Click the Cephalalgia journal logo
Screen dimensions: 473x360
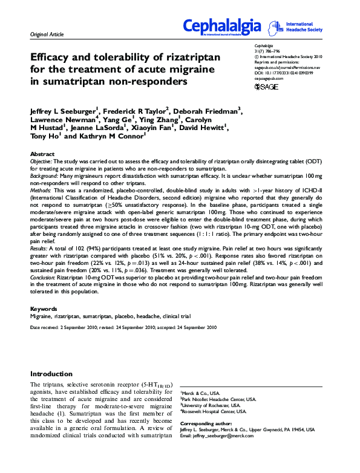pyautogui.click(x=222, y=27)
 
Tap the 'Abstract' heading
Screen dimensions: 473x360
pyautogui.click(x=42, y=155)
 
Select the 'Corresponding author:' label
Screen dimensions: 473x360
pyautogui.click(x=208, y=423)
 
